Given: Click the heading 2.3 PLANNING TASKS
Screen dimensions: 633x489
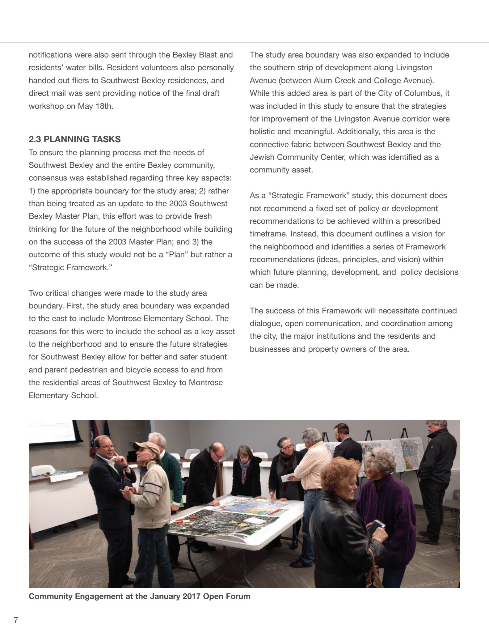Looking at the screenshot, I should coord(74,139).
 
